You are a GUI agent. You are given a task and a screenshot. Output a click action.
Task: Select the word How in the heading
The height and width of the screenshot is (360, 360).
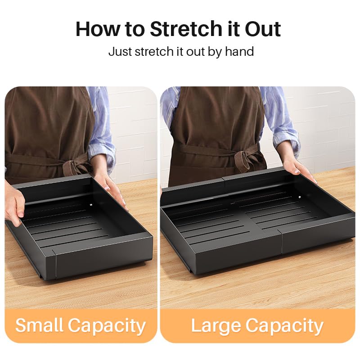98,29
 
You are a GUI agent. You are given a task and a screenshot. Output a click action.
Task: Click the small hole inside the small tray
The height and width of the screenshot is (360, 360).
92,204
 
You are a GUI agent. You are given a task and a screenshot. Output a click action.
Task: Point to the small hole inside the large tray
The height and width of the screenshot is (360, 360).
299,197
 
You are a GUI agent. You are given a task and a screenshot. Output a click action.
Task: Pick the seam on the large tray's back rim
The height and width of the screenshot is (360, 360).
224,180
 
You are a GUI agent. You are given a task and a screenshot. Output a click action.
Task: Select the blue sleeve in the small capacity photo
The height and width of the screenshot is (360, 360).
100,129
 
